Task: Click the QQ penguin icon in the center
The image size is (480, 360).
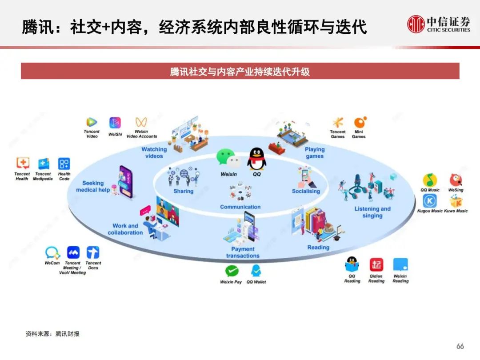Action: click(x=256, y=159)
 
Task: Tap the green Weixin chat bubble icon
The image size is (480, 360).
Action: click(x=228, y=158)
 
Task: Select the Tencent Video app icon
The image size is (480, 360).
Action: click(x=92, y=123)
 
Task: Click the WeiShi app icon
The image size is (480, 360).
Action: click(x=115, y=123)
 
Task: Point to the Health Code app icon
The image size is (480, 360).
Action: click(x=64, y=164)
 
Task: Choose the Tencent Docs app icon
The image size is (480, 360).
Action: click(x=93, y=252)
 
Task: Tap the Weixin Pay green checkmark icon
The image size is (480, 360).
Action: click(x=232, y=271)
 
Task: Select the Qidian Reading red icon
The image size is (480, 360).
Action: click(x=376, y=264)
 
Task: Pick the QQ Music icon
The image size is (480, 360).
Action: click(x=430, y=180)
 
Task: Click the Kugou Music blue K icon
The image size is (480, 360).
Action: click(x=430, y=201)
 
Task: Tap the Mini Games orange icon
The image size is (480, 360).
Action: click(x=360, y=122)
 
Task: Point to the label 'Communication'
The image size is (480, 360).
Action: click(x=240, y=207)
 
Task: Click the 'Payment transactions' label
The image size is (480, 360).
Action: click(x=243, y=252)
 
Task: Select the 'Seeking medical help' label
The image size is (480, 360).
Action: click(x=93, y=186)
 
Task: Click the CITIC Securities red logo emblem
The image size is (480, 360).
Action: click(x=416, y=24)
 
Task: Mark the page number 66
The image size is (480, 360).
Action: click(x=460, y=346)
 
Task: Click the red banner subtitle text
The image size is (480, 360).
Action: click(x=240, y=72)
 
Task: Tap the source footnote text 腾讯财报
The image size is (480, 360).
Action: click(x=68, y=334)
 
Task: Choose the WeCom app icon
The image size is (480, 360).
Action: click(x=52, y=252)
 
